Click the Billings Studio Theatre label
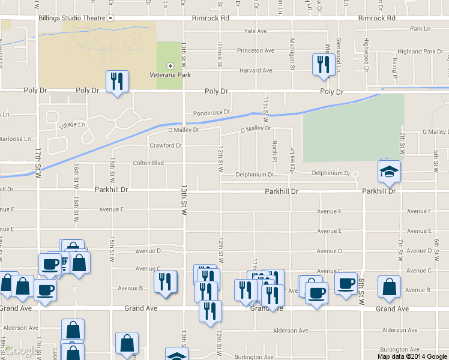coord(72,18)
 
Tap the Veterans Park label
coord(170,75)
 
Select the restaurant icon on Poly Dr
coord(117,82)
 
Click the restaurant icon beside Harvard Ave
coord(324,64)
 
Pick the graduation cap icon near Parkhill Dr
coord(389,172)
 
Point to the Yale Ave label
coord(255,31)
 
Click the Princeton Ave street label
coord(255,51)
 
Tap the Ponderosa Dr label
coord(211,113)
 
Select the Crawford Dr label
coord(166,145)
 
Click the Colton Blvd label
coord(148,163)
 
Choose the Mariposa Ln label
coord(15,139)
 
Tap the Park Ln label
coord(420,28)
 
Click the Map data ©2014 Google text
coord(412,356)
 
